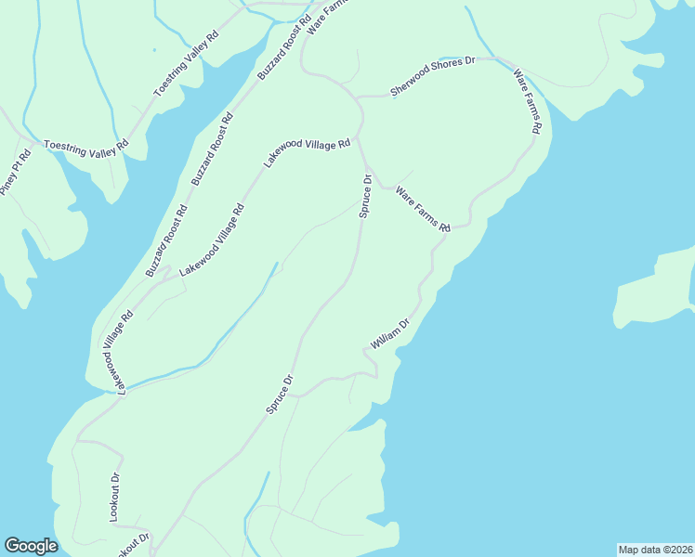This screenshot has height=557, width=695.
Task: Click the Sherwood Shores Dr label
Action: [x=432, y=76]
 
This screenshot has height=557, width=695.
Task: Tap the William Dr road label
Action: [x=389, y=334]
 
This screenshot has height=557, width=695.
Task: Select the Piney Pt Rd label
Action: [x=16, y=171]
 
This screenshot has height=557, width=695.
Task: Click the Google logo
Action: [x=31, y=546]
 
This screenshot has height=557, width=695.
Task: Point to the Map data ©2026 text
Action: [x=655, y=550]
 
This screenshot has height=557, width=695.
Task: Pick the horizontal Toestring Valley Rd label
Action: [x=86, y=146]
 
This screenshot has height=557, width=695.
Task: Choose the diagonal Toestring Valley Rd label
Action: [x=186, y=63]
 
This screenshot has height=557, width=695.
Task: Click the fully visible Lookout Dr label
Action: [x=115, y=498]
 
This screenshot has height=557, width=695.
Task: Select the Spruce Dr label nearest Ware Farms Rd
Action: [x=366, y=196]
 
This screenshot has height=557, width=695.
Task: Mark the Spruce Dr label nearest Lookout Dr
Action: [x=280, y=394]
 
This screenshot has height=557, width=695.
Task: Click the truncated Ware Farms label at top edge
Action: [x=325, y=15]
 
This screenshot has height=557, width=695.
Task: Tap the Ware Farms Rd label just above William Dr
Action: [x=423, y=210]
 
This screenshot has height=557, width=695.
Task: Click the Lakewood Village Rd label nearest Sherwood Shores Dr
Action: [x=306, y=152]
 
